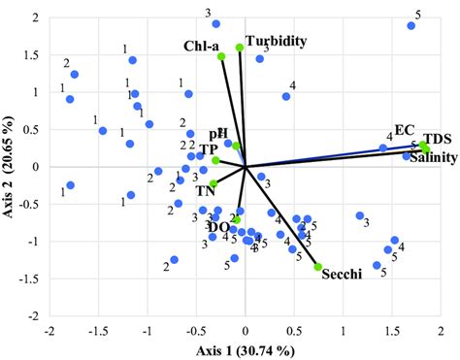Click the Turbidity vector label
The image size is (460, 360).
pos(277,42)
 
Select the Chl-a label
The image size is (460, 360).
pos(200,46)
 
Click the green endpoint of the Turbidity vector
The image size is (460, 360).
pos(240,47)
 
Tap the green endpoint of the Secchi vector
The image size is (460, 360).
pos(317,267)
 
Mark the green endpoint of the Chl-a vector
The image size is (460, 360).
pos(221,56)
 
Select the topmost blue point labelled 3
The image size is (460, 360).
pos(215,23)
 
